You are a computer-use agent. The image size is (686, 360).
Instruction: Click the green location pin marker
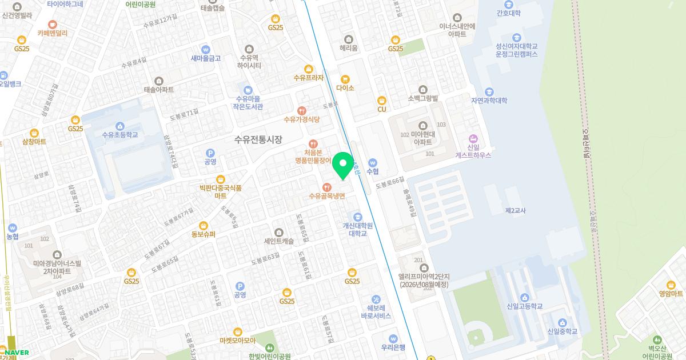pyautogui.click(x=343, y=165)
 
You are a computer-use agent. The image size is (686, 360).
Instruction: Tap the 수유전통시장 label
pyautogui.click(x=258, y=139)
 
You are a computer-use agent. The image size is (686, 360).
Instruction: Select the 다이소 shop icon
pyautogui.click(x=345, y=79)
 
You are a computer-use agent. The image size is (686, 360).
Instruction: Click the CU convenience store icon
pyautogui.click(x=382, y=101)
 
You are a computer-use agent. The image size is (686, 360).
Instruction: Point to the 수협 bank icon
pyautogui.click(x=373, y=162)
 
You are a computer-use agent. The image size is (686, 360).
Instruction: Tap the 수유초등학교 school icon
pyautogui.click(x=120, y=126)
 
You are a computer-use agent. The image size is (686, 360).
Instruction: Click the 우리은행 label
pyautogui.click(x=393, y=347)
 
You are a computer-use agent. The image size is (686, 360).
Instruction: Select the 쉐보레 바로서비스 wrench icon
pyautogui.click(x=376, y=299)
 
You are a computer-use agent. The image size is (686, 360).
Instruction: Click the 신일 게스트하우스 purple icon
pyautogui.click(x=473, y=138)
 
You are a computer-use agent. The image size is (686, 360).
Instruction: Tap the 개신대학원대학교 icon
pyautogui.click(x=358, y=217)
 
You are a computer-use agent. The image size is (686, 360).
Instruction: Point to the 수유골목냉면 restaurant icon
pyautogui.click(x=326, y=187)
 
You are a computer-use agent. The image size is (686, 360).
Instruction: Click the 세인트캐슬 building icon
pyautogui.click(x=278, y=232)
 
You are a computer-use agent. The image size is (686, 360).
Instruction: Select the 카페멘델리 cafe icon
pyautogui.click(x=53, y=24)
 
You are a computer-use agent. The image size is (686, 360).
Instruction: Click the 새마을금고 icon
pyautogui.click(x=206, y=49)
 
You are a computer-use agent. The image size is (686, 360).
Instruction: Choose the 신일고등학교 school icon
pyautogui.click(x=524, y=297)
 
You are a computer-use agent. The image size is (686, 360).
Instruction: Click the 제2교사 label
pyautogui.click(x=515, y=210)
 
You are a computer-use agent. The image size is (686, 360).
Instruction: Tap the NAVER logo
pyautogui.click(x=17, y=353)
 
